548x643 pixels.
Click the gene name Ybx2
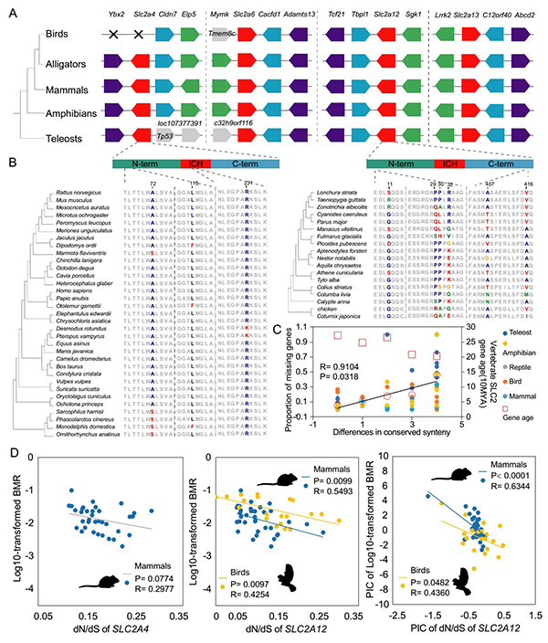pyautogui.click(x=115, y=16)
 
